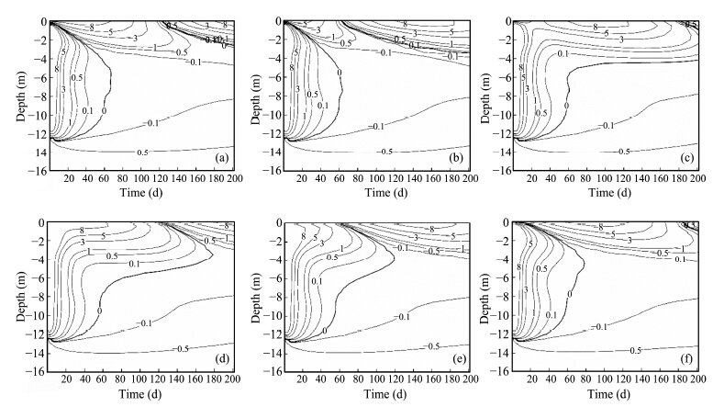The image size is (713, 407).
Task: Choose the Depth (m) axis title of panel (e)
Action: pos(249,295)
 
